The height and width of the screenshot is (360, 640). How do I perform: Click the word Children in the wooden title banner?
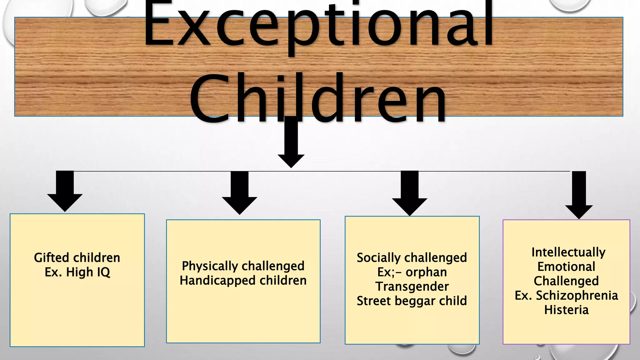coord(318,98)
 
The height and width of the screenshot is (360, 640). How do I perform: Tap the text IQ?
coord(103,272)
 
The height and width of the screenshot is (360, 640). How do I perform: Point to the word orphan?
coord(426,272)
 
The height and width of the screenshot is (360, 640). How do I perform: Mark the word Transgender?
coord(412,287)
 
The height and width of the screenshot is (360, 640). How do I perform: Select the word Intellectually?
coord(568,252)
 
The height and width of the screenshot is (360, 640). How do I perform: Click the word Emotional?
coord(566,267)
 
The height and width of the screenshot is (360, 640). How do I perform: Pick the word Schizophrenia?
coord(577,295)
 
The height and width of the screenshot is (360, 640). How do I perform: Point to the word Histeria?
coord(566,310)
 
